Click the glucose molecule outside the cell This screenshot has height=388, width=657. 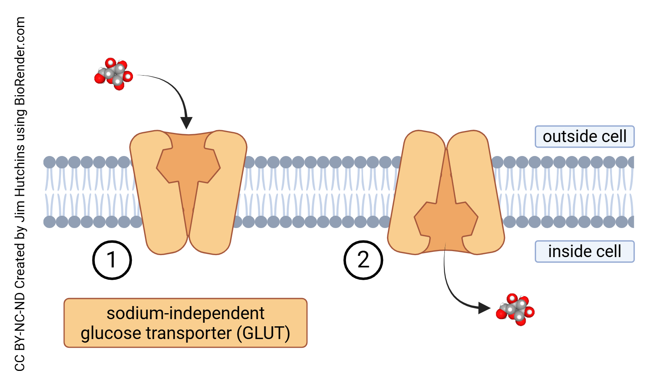pos(113,74)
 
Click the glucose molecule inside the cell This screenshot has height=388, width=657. pos(515,310)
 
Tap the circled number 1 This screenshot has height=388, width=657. pos(112,260)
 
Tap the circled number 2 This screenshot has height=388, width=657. pos(363,260)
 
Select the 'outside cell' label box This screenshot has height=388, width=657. pos(585,136)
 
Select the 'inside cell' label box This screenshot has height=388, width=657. pos(585,252)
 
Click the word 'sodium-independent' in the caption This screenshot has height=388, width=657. pos(185,313)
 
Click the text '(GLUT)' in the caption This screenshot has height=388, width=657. pos(263,333)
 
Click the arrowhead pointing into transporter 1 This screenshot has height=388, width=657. pos(186,123)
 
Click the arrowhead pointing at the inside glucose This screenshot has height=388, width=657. pos(484,308)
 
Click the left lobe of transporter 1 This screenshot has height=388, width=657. pos(153,199)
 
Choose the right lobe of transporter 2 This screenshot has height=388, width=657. pos(476,179)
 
